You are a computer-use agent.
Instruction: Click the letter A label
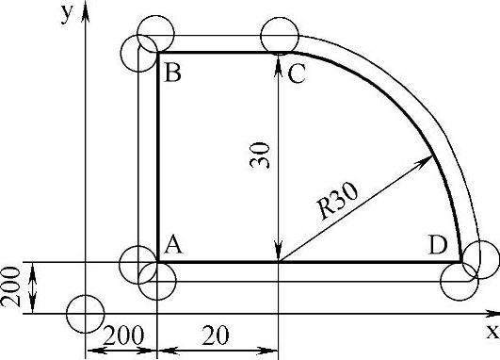coord(173,244)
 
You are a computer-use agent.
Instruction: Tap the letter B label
coord(172,73)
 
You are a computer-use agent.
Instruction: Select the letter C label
coord(297,74)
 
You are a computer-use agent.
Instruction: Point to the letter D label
coord(438,245)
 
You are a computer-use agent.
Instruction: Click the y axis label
coord(67,14)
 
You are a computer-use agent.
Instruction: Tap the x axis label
coord(492,332)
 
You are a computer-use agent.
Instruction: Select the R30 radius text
coord(338,202)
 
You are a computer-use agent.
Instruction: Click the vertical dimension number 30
coord(260,155)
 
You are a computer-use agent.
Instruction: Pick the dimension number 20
coord(216,335)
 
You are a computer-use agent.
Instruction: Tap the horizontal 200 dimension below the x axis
coord(123,335)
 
